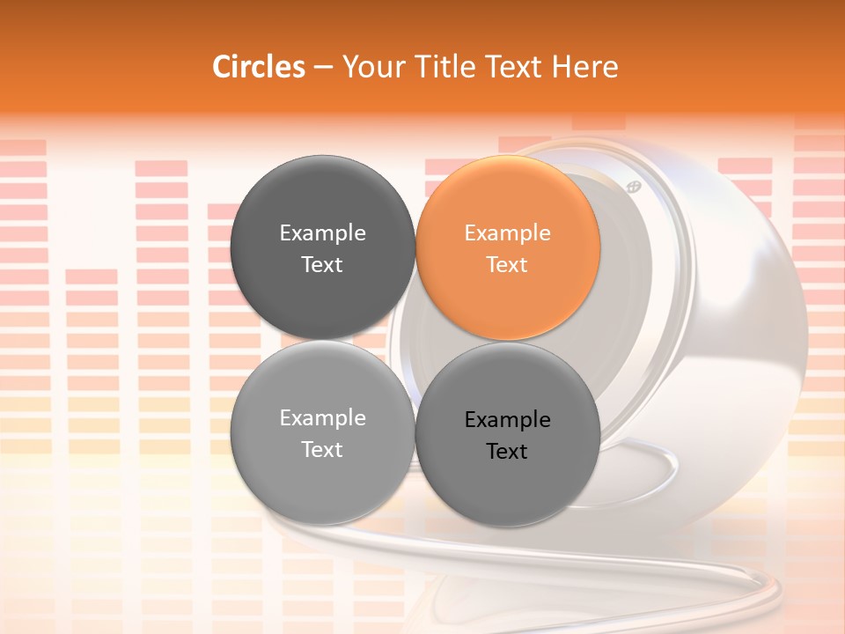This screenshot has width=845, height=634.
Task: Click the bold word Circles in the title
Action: point(259,67)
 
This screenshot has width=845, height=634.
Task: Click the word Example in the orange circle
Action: point(508,233)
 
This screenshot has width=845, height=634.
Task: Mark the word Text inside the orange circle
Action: point(508,265)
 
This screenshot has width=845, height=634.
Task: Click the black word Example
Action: point(508,420)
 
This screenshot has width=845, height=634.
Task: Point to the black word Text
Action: point(508,452)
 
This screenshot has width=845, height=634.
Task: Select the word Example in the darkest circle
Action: point(323,233)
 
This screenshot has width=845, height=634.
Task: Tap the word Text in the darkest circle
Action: point(323,265)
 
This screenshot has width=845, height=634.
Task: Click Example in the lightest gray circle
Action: point(323,418)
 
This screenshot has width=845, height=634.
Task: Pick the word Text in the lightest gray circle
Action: point(323,450)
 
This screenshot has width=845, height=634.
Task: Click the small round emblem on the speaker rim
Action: point(633,187)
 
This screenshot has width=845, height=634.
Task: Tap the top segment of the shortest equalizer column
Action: point(92,276)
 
